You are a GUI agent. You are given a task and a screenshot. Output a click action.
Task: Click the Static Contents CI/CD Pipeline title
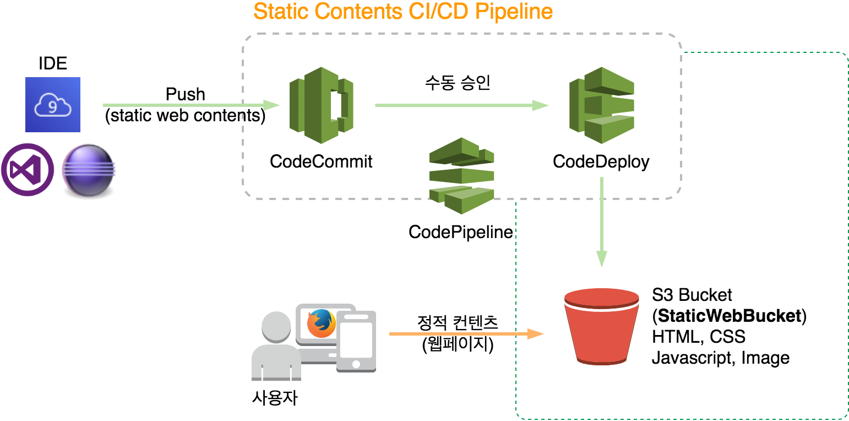pos(403,12)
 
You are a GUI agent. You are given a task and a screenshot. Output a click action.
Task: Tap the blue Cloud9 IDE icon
pos(53,105)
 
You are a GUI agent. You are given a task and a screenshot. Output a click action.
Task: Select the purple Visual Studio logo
pos(28,170)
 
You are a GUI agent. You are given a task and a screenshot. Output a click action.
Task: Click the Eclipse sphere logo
pos(89,170)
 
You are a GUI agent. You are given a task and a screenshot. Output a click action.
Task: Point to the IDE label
pos(53,63)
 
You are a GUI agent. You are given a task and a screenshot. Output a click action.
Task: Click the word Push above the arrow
pos(186,94)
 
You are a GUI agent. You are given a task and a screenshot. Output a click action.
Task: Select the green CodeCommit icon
pos(322,105)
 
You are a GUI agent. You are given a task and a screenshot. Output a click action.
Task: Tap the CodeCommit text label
pos(321,161)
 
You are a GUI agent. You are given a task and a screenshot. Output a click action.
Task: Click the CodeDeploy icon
pos(601,105)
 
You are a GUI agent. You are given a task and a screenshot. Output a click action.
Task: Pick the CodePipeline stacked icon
pos(461,176)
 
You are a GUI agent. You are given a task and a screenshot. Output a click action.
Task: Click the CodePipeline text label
pos(461,232)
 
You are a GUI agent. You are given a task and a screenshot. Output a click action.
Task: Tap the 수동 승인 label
pos(458,82)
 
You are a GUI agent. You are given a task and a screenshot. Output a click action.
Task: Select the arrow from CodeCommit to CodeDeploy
pos(461,105)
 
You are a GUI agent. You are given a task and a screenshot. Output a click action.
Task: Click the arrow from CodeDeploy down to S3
pos(601,222)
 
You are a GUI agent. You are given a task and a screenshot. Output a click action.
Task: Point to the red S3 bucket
pos(601,327)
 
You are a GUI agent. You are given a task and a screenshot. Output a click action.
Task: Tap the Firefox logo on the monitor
pos(322,323)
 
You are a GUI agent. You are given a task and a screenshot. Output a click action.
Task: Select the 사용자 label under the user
pos(275,398)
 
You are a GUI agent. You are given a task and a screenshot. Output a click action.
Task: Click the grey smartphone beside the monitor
pos(356,342)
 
